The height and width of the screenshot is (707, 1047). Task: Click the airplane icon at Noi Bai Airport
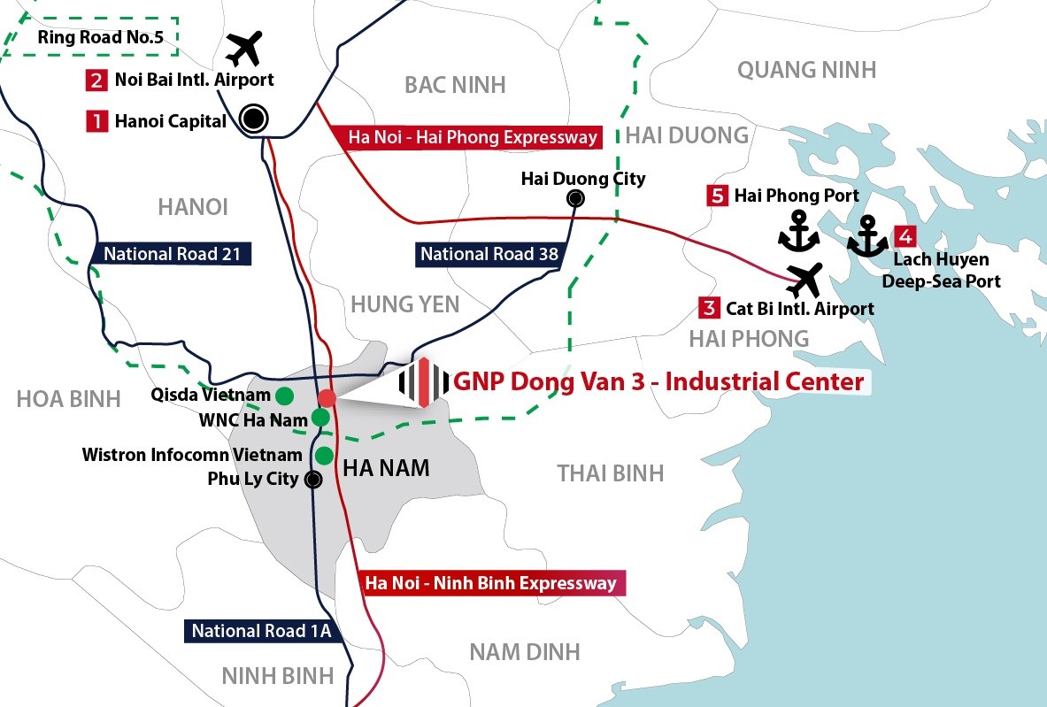(x=244, y=49)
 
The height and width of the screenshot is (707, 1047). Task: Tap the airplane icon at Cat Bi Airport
(x=804, y=280)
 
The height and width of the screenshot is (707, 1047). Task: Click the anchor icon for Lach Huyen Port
(x=867, y=236)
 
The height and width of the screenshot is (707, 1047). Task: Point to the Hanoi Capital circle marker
(x=254, y=119)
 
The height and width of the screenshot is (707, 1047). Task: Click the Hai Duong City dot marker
(x=576, y=198)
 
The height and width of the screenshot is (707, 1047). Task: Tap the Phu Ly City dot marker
(x=312, y=480)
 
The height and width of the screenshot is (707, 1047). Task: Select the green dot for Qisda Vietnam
(x=284, y=395)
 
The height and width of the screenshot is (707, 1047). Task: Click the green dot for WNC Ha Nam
(x=320, y=417)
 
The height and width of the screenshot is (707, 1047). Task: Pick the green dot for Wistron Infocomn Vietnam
(x=324, y=456)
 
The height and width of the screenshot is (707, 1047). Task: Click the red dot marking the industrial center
(x=327, y=397)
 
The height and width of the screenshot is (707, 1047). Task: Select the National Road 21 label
(x=172, y=254)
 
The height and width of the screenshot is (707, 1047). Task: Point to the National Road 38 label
(x=489, y=255)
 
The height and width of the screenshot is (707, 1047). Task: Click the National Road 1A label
(x=261, y=631)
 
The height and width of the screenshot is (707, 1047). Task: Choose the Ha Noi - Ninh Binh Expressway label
(x=490, y=584)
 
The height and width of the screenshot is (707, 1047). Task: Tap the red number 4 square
(x=905, y=236)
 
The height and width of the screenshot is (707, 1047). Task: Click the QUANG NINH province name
(x=806, y=69)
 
